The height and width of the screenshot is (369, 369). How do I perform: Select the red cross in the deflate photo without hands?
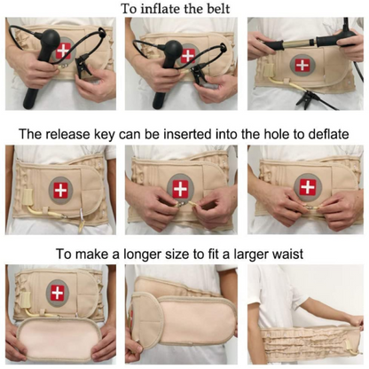point(60,190)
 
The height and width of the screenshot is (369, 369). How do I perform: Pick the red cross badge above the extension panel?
point(59,294)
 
